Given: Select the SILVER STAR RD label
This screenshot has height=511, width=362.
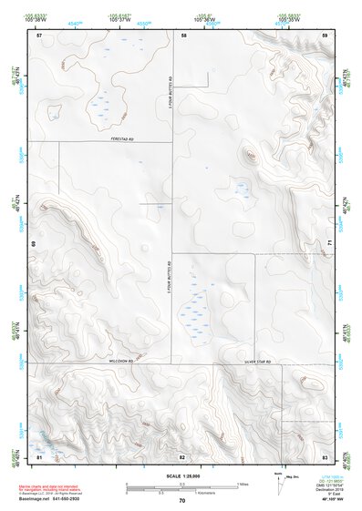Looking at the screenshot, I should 258,363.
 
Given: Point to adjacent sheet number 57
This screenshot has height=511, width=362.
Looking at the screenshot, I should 39,35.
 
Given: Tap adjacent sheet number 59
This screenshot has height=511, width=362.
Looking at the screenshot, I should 325,35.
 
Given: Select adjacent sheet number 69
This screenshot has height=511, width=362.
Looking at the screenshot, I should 33,244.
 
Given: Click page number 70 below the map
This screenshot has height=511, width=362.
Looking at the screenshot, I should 182,500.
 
